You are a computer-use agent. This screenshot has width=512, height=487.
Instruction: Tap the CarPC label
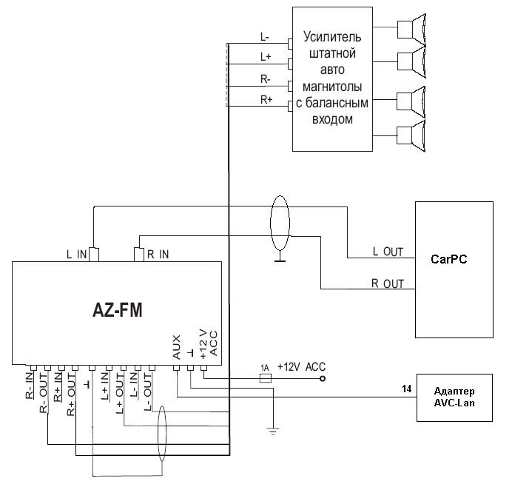click(448, 260)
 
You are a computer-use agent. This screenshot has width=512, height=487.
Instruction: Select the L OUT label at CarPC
click(388, 252)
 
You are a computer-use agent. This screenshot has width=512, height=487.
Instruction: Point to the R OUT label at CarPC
click(388, 283)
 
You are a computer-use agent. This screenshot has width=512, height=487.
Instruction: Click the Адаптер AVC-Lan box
click(454, 396)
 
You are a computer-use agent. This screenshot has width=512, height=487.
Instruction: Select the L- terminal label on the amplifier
click(266, 36)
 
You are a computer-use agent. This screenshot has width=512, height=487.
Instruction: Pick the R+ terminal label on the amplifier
click(266, 99)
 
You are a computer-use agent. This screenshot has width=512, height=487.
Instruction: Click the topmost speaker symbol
click(411, 29)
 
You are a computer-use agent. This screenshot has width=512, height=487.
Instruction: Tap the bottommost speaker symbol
click(411, 136)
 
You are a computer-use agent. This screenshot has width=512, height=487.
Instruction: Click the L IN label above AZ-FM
click(77, 255)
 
